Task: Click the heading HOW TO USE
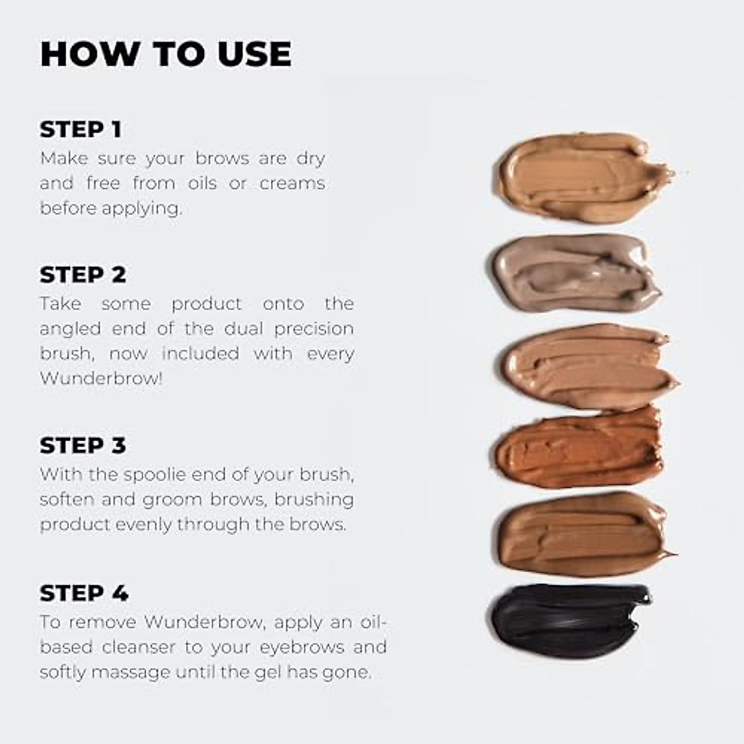[166, 54]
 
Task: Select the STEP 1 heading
[81, 130]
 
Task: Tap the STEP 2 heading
[82, 275]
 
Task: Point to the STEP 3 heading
[82, 445]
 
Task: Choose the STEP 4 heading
[84, 593]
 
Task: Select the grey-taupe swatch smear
[573, 273]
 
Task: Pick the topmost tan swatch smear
[580, 177]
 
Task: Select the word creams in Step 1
[292, 184]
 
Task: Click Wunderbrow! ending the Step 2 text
[101, 378]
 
